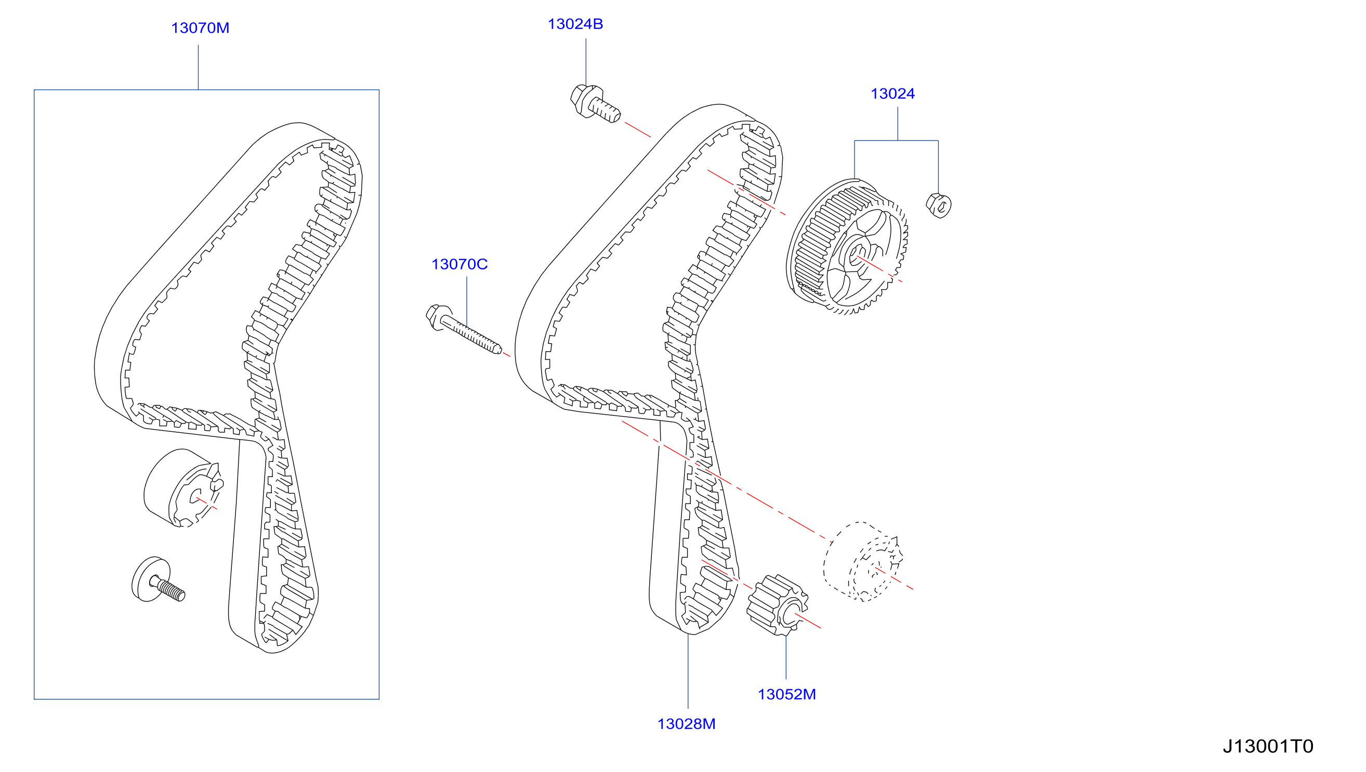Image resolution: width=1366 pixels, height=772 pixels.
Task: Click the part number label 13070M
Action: tap(200, 28)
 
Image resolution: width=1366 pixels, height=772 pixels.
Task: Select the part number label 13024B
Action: tap(575, 24)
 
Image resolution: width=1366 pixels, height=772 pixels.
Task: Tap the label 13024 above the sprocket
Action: tap(892, 94)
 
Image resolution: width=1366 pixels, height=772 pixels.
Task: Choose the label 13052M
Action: tap(786, 694)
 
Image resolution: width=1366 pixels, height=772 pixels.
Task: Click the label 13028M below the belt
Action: tap(686, 724)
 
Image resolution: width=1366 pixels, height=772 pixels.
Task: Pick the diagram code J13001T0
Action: tap(1268, 747)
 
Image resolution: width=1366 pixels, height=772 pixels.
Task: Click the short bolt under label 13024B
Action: tap(595, 103)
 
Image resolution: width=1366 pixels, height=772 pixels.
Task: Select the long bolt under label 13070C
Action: tap(464, 329)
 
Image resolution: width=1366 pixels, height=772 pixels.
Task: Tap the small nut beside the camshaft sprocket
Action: tap(938, 205)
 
